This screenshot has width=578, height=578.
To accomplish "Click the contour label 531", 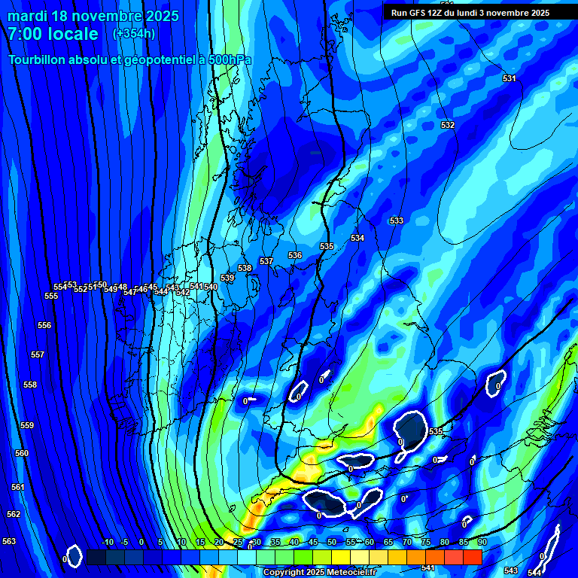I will click(510, 78).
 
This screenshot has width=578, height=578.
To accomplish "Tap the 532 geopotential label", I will click(448, 125).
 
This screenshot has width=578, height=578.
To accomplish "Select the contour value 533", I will click(397, 221).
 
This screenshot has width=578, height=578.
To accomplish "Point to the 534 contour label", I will click(357, 238).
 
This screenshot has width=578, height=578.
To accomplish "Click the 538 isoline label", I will click(245, 268).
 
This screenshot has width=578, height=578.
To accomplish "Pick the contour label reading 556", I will click(44, 325).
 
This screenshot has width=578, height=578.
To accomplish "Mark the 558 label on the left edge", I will click(30, 385).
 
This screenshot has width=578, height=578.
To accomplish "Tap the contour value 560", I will click(22, 453).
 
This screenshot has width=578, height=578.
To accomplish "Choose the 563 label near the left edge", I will click(9, 541).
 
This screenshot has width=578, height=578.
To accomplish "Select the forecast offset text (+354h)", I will click(133, 34).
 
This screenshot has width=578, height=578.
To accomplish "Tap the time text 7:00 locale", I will click(53, 34).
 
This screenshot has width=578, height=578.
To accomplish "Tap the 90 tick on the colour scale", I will click(482, 542).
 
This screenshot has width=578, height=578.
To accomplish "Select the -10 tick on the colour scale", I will click(107, 542).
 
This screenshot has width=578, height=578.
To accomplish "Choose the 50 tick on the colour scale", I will click(332, 542).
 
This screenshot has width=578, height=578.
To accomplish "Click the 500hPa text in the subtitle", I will click(226, 60).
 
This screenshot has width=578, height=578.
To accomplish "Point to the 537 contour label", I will click(266, 261).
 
